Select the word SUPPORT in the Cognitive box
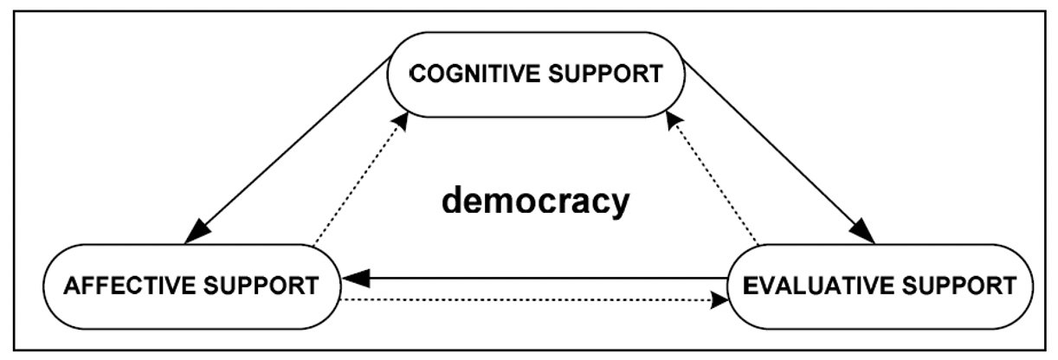coord(610,73)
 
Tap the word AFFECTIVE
coord(118,286)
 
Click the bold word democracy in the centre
coord(535,202)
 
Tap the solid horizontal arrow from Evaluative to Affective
coord(537,278)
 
